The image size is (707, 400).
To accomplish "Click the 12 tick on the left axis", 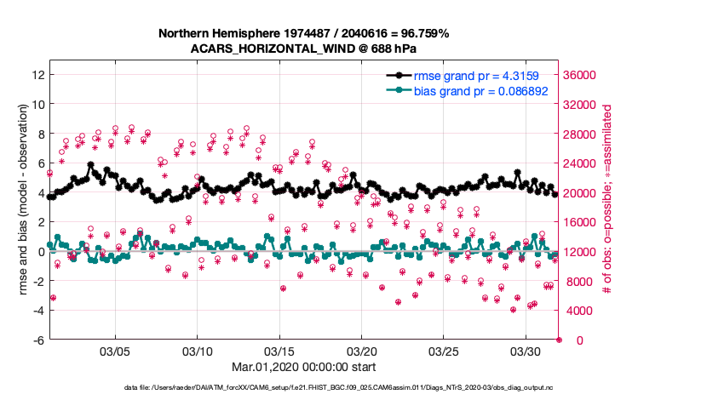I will click(37, 75).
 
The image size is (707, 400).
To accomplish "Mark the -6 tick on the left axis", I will click(37, 340).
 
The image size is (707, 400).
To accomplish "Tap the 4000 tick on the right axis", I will click(578, 311).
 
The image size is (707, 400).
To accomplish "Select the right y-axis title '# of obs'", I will click(607, 200).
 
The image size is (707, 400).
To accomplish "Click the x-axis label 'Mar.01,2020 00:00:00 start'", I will click(303, 367).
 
